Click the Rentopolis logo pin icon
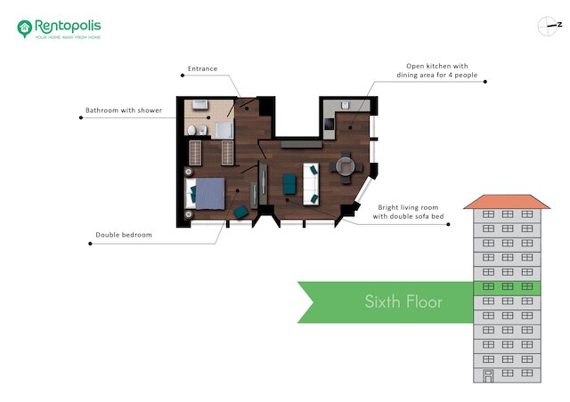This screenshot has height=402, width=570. pos(25,28)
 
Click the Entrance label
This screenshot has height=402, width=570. pos(202,68)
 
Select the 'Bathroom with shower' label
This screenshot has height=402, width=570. pos(124,110)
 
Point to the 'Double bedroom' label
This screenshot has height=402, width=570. pos(124,235)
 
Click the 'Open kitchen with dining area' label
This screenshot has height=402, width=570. pos(437,70)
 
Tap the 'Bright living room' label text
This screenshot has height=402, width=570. pos(408,212)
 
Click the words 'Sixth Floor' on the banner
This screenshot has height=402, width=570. pos(403,301)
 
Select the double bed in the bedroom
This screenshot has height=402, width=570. pos(205,193)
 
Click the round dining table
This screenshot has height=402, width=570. pos(346,166)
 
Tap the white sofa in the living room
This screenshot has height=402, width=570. pos(311,184)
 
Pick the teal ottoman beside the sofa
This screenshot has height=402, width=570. pos(289,184)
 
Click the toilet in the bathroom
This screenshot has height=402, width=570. pos(191,130)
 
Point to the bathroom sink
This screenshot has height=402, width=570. pos(199,104)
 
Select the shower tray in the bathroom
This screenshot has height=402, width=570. pos(224,131)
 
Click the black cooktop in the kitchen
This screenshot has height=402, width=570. pos(330,124)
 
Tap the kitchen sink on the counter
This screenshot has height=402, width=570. pos(345,105)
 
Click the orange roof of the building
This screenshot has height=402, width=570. pos(507,202)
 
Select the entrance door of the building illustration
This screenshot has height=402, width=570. pos(488,376)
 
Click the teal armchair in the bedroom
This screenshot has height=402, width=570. pos(240,212)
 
